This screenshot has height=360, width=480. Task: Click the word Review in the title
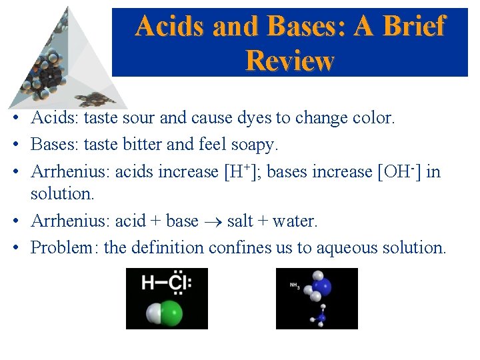click(x=289, y=61)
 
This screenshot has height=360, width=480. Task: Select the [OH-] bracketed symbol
click(x=399, y=171)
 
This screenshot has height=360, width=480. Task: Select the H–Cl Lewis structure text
click(x=167, y=283)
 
